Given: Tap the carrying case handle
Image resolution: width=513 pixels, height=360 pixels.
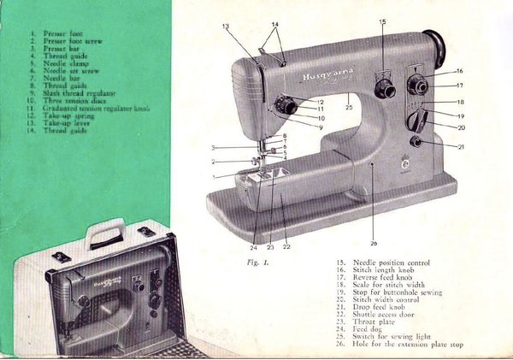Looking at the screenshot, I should (108, 229).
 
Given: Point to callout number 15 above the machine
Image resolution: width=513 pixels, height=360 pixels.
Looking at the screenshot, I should (382, 21).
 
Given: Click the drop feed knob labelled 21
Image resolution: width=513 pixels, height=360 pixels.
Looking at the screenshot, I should (416, 141).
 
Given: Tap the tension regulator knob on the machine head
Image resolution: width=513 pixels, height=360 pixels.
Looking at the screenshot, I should (288, 107).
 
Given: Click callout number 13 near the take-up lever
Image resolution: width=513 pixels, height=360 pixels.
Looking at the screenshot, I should (226, 27).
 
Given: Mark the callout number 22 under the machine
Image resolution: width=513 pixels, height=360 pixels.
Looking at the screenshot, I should (286, 245).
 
